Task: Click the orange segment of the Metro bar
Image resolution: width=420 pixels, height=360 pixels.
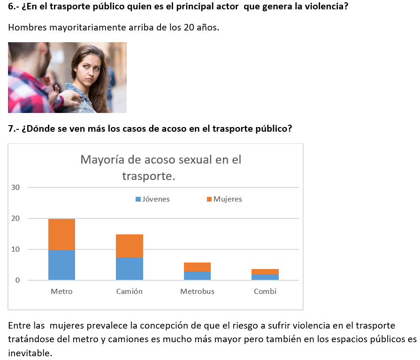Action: pyautogui.click(x=61, y=234)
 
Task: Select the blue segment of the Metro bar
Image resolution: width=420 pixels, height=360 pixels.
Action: pyautogui.click(x=61, y=265)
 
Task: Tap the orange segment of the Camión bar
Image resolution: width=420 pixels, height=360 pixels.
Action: pyautogui.click(x=130, y=246)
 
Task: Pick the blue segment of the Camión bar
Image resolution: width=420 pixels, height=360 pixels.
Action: pyautogui.click(x=130, y=269)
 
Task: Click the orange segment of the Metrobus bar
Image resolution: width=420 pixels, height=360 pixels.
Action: pyautogui.click(x=198, y=267)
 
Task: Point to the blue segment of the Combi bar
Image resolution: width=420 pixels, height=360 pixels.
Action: pyautogui.click(x=265, y=277)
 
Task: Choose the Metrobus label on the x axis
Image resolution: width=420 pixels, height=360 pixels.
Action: pyautogui.click(x=197, y=292)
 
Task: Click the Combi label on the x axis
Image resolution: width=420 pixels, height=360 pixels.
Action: pyautogui.click(x=265, y=292)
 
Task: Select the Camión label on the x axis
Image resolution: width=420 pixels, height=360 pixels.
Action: pyautogui.click(x=130, y=292)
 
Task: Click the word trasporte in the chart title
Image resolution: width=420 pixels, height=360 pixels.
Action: pyautogui.click(x=147, y=176)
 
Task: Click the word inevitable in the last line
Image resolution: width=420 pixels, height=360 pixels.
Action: pyautogui.click(x=29, y=352)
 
